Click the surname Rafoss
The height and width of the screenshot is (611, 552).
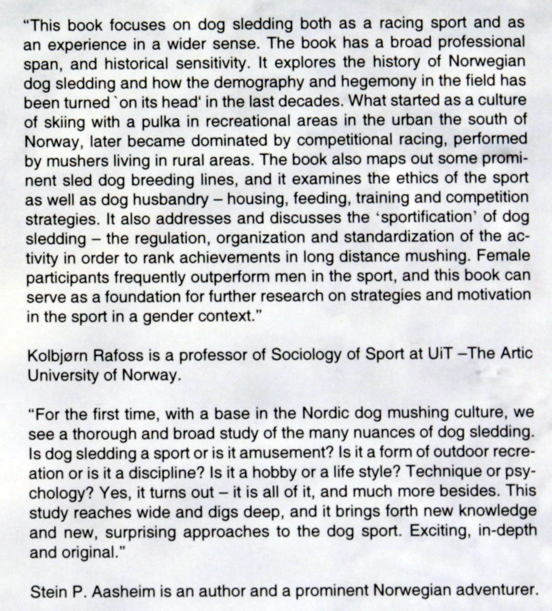point(120,355)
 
